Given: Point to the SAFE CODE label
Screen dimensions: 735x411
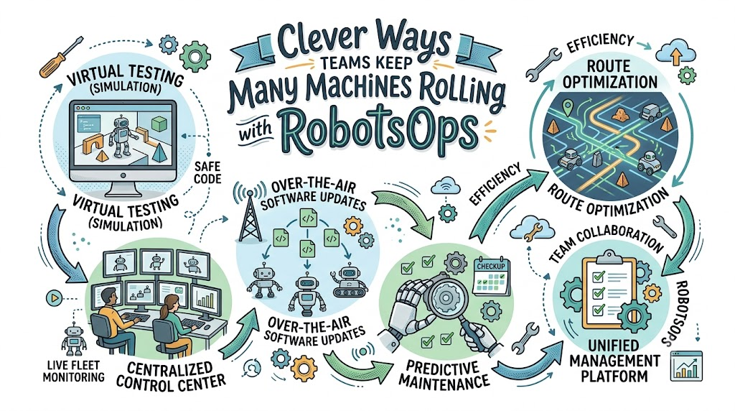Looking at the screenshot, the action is pyautogui.click(x=207, y=172).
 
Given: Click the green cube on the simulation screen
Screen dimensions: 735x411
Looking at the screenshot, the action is pyautogui.click(x=159, y=124).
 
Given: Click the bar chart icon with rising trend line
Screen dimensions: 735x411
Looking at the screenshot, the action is pyautogui.click(x=687, y=366).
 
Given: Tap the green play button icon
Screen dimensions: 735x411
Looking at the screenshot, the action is pyautogui.click(x=55, y=297).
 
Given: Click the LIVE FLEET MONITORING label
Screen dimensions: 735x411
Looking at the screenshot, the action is pyautogui.click(x=74, y=371).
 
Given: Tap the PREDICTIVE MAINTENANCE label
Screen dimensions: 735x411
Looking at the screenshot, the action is pyautogui.click(x=444, y=374).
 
